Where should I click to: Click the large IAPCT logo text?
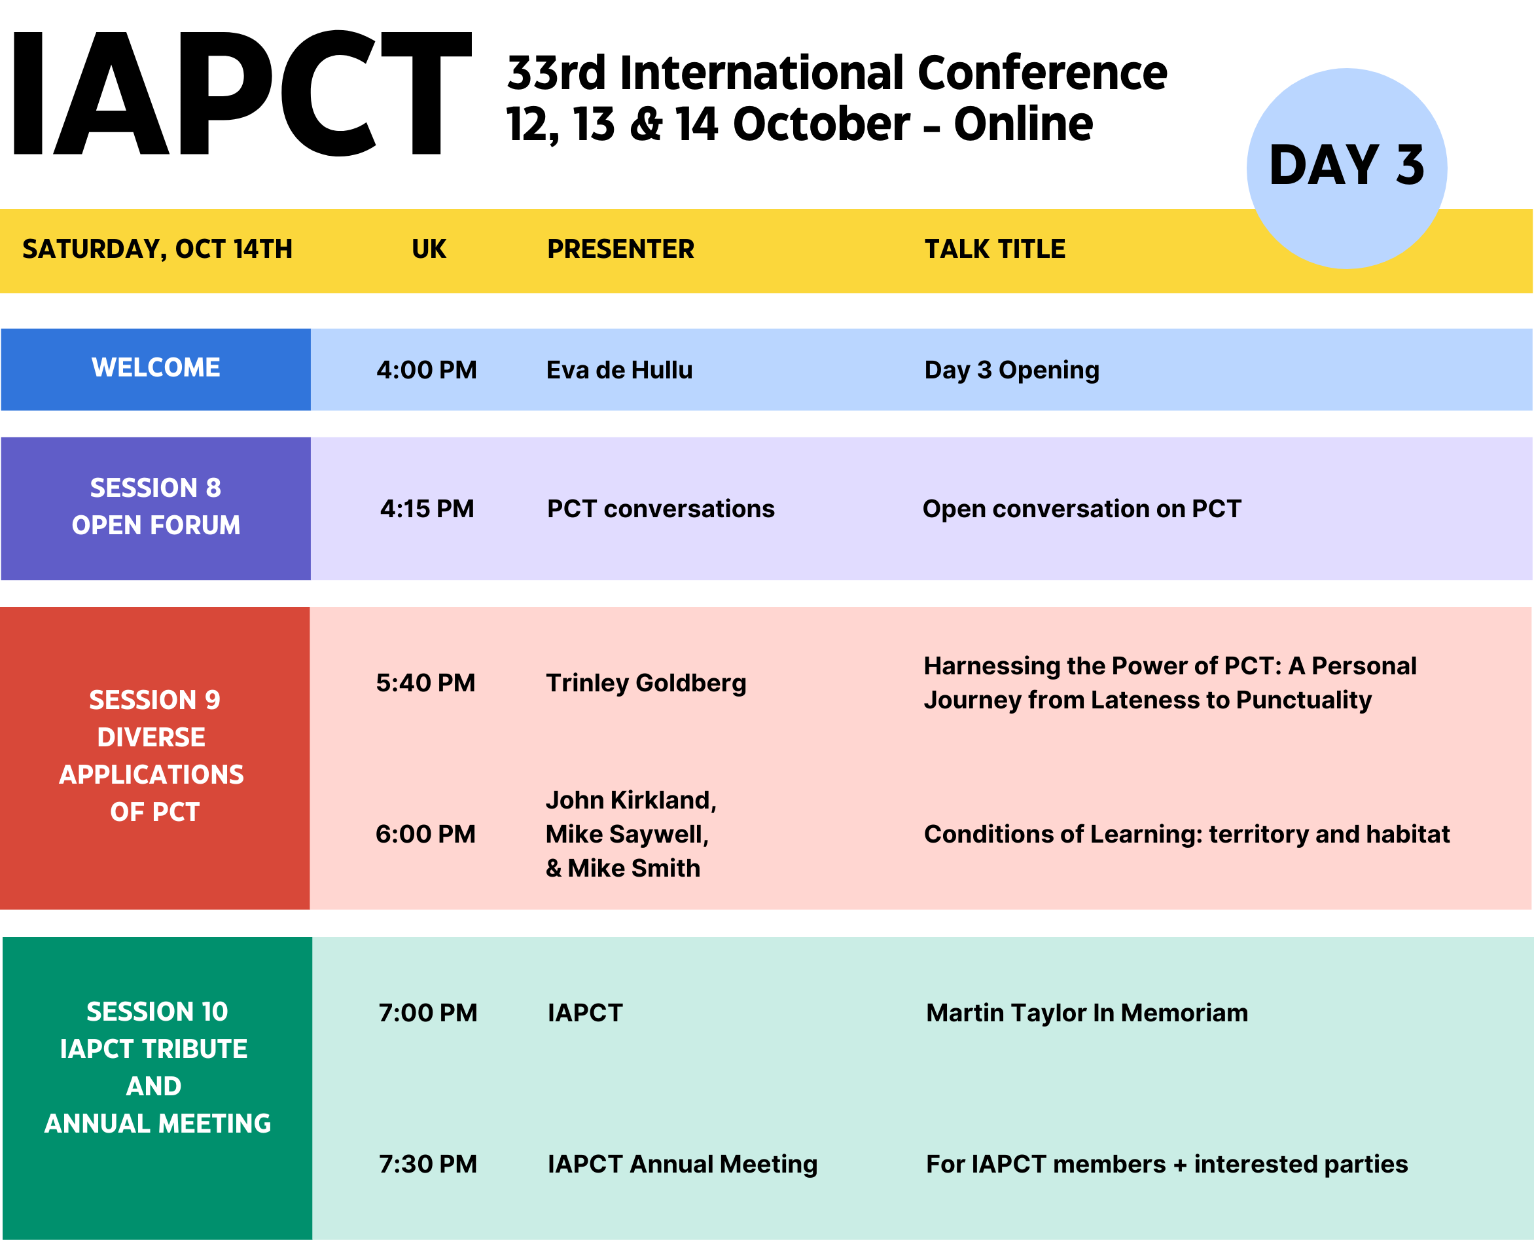tap(243, 93)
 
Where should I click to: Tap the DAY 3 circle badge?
tap(1347, 168)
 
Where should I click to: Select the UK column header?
tap(429, 249)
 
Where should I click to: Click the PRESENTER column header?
tap(620, 249)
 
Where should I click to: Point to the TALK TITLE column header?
tap(995, 249)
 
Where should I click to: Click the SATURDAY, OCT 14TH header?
tap(157, 249)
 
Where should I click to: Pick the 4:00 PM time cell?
tap(427, 370)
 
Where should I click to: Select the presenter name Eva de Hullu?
tap(619, 370)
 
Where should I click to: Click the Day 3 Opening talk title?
tap(1012, 370)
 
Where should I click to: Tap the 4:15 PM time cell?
tap(427, 509)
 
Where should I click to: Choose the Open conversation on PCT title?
tap(1081, 509)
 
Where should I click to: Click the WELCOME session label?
tap(156, 367)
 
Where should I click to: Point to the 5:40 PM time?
tap(425, 683)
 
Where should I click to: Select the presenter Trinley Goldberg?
tap(646, 683)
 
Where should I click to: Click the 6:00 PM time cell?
tap(425, 834)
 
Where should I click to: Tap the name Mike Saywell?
tap(627, 834)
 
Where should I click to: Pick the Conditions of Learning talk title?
tap(1186, 834)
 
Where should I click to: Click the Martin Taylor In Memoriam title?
tap(1086, 1013)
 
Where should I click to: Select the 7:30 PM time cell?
tap(427, 1164)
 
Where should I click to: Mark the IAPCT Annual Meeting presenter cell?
tap(682, 1164)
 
